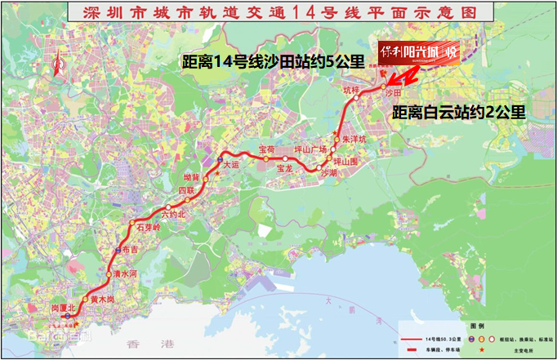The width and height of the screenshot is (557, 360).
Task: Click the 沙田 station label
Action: [393, 94]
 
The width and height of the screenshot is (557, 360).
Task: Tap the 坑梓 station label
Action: [351, 89]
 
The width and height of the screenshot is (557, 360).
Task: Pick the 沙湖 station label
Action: [328, 174]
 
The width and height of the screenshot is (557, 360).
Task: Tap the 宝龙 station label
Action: [284, 169]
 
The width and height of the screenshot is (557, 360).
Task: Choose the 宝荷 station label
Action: [266, 149]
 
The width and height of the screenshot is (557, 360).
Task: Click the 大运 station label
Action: [233, 165]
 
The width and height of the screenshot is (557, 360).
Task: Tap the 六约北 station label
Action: [174, 214]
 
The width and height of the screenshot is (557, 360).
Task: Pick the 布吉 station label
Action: [129, 251]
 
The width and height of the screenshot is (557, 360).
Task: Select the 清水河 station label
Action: [125, 275]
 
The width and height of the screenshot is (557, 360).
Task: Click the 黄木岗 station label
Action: [103, 300]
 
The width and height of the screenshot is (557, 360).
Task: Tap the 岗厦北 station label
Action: [60, 308]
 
